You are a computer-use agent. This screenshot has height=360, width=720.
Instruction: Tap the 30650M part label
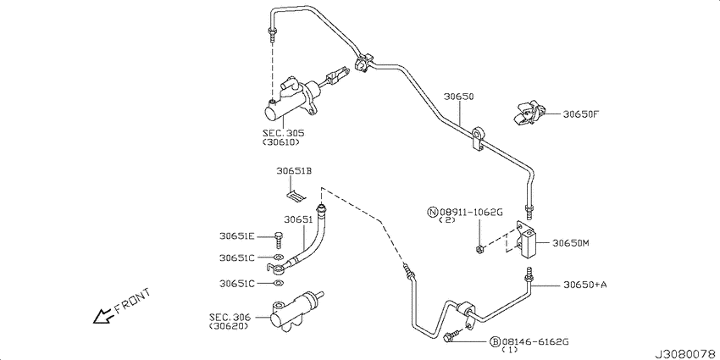(571, 242)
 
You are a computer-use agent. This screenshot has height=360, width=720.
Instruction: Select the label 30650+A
(584, 285)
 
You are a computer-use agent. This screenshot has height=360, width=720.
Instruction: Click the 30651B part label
(294, 171)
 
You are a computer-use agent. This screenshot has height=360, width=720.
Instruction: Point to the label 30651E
(237, 237)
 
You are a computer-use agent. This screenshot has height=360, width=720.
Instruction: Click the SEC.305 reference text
(283, 133)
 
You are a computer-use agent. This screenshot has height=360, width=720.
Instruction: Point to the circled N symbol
(433, 211)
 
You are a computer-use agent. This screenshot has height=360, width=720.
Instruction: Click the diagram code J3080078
(684, 352)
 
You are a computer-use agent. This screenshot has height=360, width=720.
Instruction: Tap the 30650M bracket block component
(530, 244)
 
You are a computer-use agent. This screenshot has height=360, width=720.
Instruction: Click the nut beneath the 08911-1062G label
(479, 248)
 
